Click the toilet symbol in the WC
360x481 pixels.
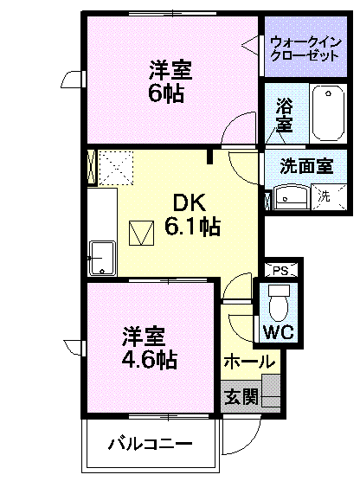pos(279,303)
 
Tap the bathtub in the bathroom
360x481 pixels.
pos(328,112)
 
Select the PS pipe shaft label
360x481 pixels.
pos(281,271)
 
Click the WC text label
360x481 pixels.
pos(279,331)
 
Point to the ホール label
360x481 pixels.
pos(249,362)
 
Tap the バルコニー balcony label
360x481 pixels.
pos(150,444)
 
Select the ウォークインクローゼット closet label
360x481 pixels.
pos(305,49)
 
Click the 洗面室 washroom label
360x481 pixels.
pos(306,166)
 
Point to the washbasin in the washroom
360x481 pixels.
pos(290,197)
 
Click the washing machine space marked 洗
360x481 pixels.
pos(329,197)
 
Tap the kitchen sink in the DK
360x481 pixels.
pos(102,258)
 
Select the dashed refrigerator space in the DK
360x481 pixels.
pos(116,168)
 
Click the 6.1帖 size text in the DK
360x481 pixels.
pos(192,227)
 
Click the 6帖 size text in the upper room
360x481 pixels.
pos(166,93)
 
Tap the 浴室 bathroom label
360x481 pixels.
pos(284,115)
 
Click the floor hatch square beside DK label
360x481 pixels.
pos(141,233)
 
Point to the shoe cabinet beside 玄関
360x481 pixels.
pos(271,391)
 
